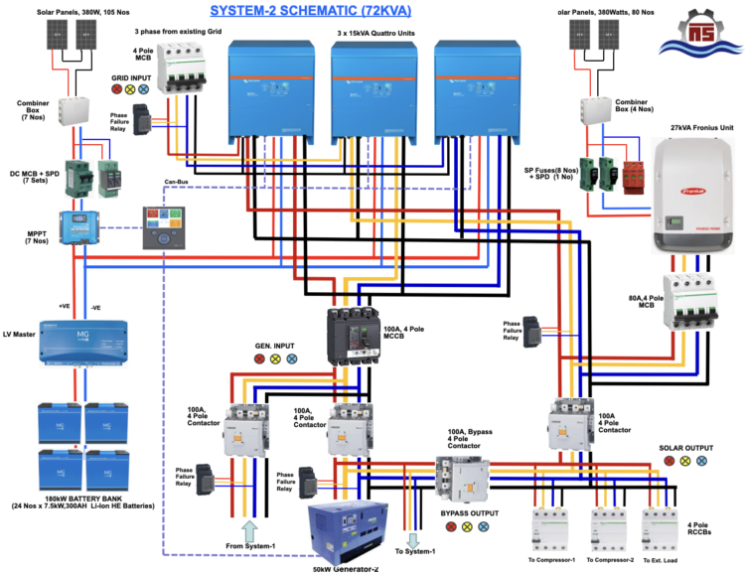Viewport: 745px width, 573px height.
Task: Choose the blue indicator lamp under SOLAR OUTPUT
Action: click(x=701, y=462)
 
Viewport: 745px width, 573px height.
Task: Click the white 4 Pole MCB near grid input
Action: click(x=183, y=70)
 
